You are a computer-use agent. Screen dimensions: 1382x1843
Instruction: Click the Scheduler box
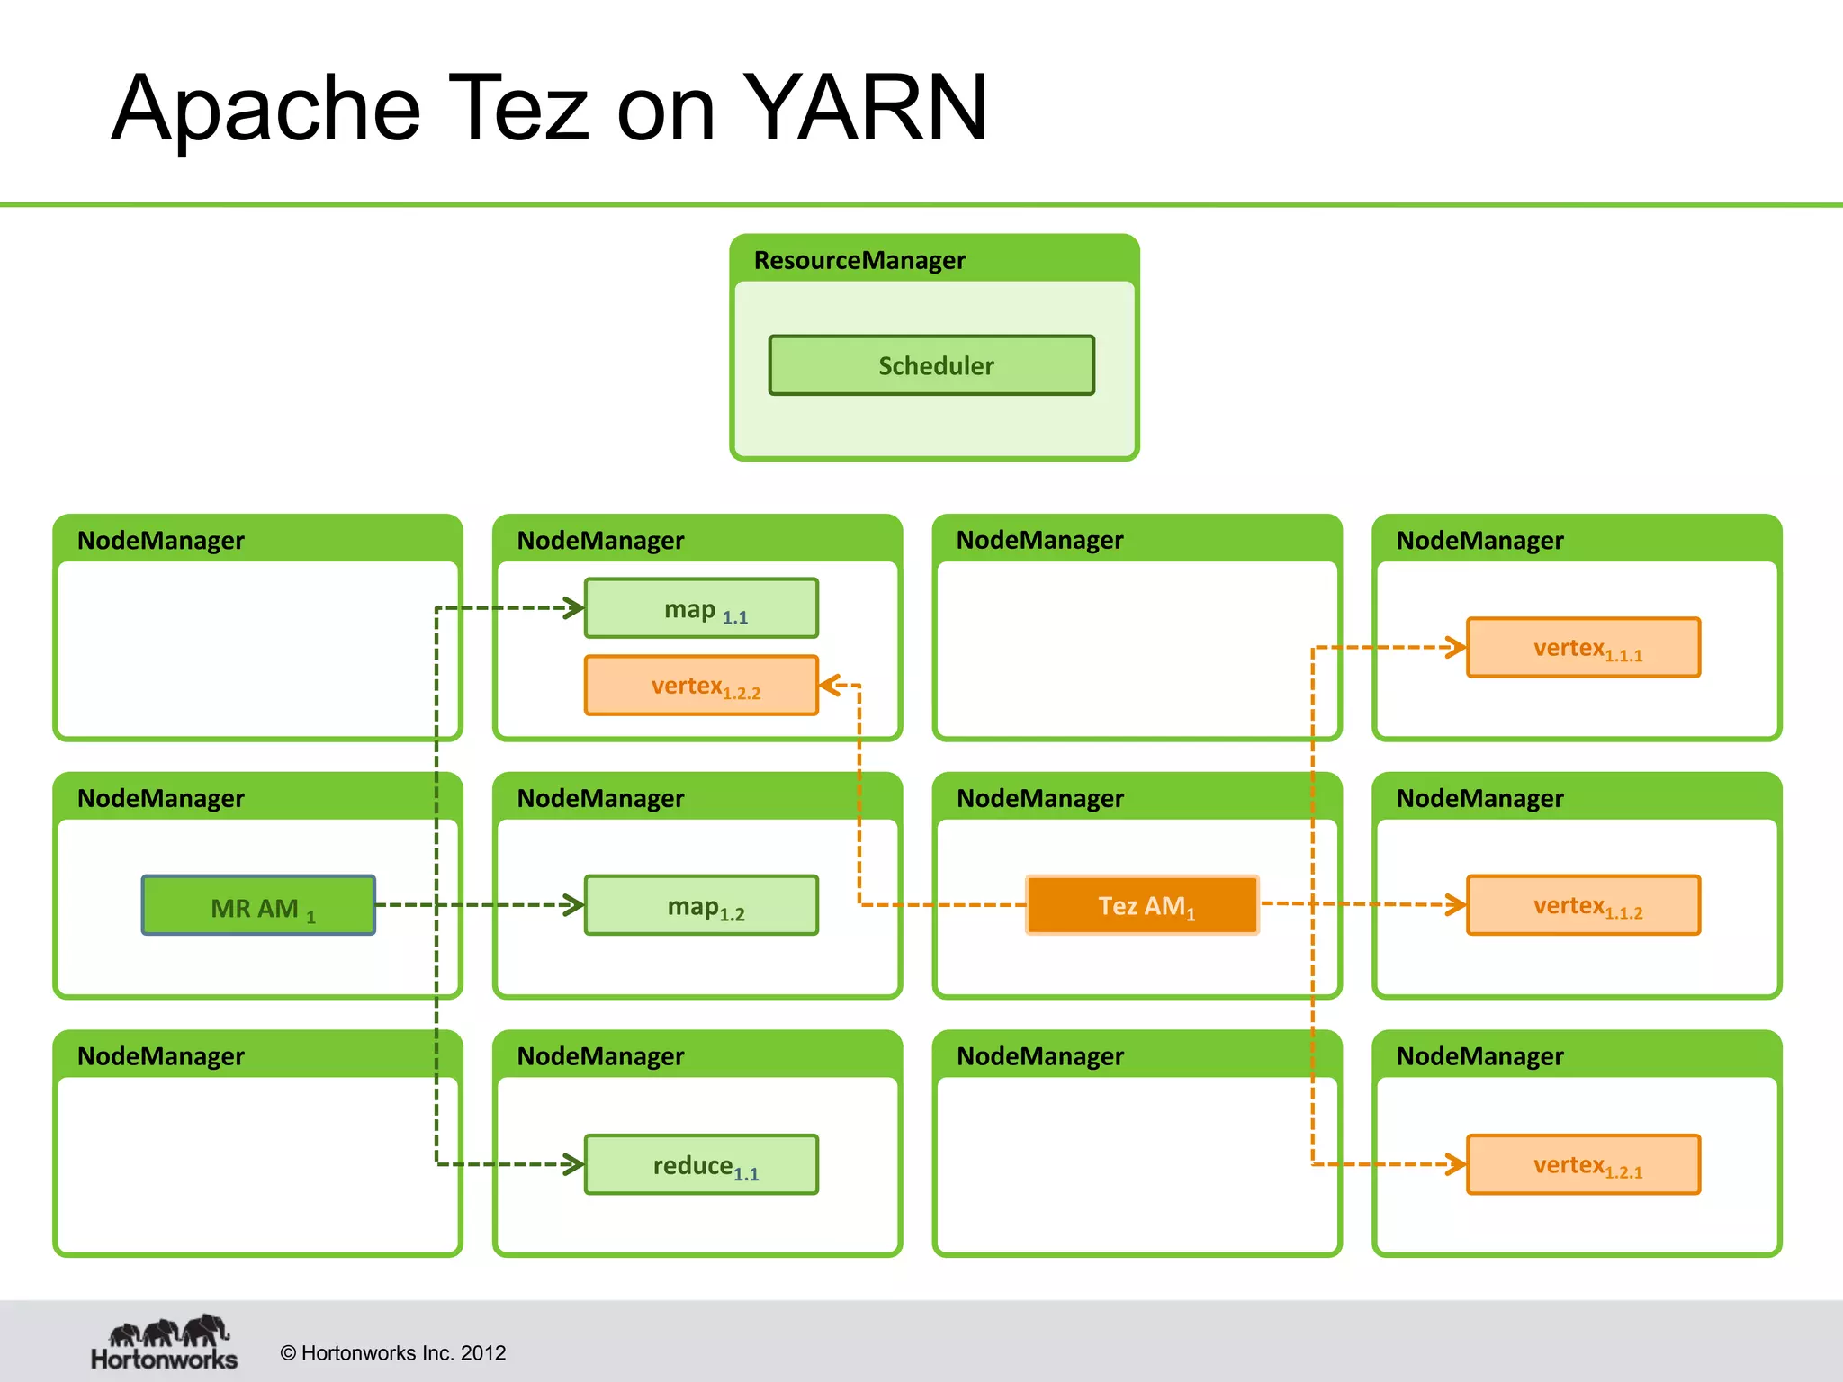coord(931,365)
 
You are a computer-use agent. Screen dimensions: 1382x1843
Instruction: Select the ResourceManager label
coord(859,261)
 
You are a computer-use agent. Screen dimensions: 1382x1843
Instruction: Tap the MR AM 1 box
coord(258,905)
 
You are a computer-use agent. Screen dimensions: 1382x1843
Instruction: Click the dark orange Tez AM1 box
coord(1142,905)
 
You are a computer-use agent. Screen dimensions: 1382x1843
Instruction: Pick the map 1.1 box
coord(701,608)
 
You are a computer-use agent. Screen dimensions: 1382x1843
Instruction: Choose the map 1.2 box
coord(701,905)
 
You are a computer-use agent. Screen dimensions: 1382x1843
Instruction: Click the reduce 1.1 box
coord(701,1164)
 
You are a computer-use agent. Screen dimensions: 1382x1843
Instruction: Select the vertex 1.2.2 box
coord(701,686)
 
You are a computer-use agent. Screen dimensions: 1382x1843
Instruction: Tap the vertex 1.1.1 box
coord(1583,647)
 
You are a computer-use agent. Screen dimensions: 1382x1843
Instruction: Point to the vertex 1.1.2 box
coord(1583,905)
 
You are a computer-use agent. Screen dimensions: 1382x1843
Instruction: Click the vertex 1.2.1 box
coord(1583,1164)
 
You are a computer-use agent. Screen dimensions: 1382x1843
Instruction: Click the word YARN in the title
coord(865,108)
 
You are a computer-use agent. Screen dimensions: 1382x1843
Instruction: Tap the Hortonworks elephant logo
coord(166,1332)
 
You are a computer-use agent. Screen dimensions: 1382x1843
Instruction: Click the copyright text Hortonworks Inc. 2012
coord(393,1352)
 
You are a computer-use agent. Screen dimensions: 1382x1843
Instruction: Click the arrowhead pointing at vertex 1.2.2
coord(829,686)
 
